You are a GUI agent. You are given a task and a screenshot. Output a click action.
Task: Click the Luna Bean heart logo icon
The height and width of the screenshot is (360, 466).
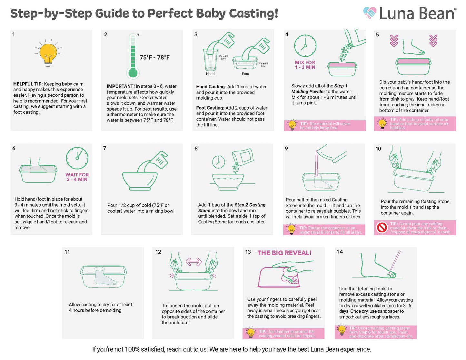[x=370, y=13]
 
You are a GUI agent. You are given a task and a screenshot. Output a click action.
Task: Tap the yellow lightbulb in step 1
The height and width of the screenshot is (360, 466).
[x=48, y=53]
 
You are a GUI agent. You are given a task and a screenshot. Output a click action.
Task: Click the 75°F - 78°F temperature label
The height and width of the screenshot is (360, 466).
[x=154, y=57]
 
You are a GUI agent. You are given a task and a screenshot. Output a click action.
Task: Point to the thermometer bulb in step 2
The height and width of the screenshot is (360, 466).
[x=133, y=73]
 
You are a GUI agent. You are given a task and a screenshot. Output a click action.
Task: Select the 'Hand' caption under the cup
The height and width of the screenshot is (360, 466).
[x=210, y=74]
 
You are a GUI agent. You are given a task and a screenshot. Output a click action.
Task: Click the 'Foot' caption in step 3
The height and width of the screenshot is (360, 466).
[x=245, y=74]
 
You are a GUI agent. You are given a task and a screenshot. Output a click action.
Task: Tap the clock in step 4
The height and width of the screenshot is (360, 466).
[x=305, y=46]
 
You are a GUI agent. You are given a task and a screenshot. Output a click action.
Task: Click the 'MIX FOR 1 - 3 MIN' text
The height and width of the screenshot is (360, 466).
[x=305, y=65]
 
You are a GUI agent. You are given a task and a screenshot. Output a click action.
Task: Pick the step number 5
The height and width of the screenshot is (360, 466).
[x=377, y=34]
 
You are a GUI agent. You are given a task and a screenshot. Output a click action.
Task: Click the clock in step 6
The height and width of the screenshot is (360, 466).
[x=77, y=158]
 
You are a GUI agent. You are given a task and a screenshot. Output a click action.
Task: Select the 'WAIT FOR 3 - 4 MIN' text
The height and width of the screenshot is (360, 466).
[x=77, y=177]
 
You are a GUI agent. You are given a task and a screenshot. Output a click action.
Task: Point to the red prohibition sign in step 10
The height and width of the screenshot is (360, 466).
[x=382, y=228]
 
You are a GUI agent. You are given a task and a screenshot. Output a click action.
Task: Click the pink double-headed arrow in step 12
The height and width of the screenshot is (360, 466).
[x=193, y=262]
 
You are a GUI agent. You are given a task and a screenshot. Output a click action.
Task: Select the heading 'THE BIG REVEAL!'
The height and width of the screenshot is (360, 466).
[x=284, y=253]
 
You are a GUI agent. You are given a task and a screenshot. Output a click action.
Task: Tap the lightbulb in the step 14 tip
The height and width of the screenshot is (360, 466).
[x=342, y=330]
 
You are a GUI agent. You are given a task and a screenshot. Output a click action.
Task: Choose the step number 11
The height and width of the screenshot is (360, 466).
[x=67, y=252]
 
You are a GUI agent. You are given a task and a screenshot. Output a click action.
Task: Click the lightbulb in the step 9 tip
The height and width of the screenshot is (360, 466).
[x=291, y=229]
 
